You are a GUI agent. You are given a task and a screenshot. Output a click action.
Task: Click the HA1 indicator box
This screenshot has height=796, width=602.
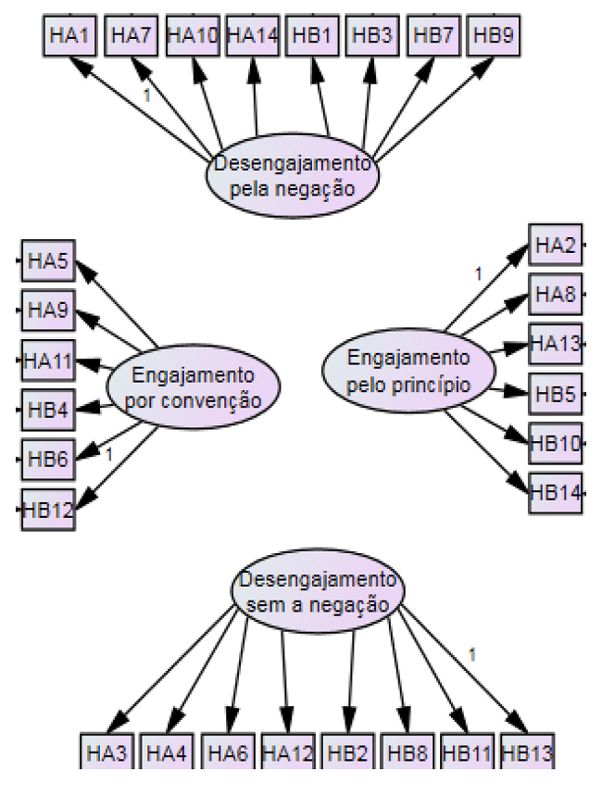[x=69, y=36]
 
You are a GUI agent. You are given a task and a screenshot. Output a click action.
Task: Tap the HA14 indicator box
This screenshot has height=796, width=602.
[x=252, y=36]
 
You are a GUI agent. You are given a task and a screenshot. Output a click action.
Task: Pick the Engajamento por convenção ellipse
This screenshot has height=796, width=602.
[x=193, y=388]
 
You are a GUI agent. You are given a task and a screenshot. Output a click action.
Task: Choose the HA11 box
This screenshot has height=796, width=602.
[x=47, y=360]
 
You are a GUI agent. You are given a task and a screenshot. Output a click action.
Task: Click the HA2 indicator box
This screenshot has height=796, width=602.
[x=555, y=246]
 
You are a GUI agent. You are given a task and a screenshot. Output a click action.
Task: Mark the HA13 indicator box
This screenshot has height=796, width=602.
[x=555, y=346]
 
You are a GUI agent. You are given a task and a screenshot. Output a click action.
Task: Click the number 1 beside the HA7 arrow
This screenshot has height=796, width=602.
[x=145, y=95]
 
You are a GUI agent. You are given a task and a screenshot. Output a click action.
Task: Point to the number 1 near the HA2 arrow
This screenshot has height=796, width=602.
[x=479, y=273]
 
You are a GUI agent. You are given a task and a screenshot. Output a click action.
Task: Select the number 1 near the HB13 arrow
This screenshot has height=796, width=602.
[x=472, y=654]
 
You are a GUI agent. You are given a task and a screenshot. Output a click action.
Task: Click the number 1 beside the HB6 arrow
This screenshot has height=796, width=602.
[x=108, y=454]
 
